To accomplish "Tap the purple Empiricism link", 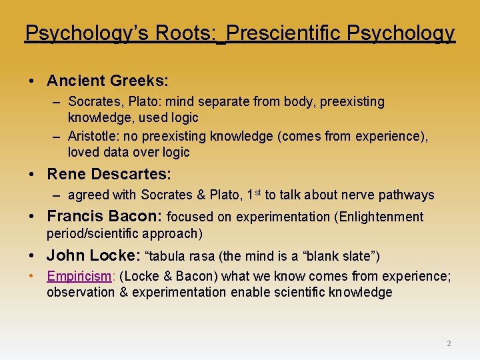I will [x=78, y=276].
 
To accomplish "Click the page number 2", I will [x=449, y=343].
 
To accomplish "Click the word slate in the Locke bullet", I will [x=356, y=256].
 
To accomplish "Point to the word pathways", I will [x=407, y=195].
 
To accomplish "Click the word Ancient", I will [x=72, y=81].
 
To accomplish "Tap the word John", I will [x=65, y=255].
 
